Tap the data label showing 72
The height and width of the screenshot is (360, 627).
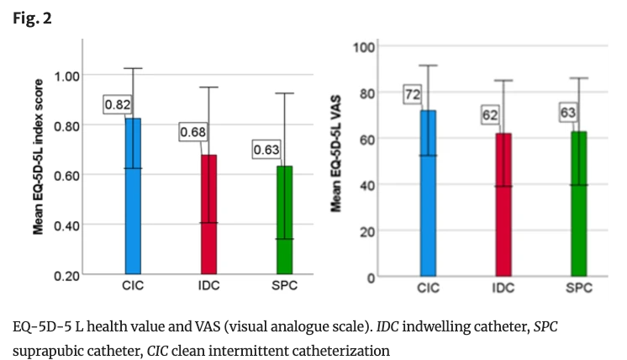(413, 94)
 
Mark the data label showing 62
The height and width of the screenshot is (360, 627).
(489, 114)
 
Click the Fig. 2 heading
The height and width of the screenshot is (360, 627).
(32, 18)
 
